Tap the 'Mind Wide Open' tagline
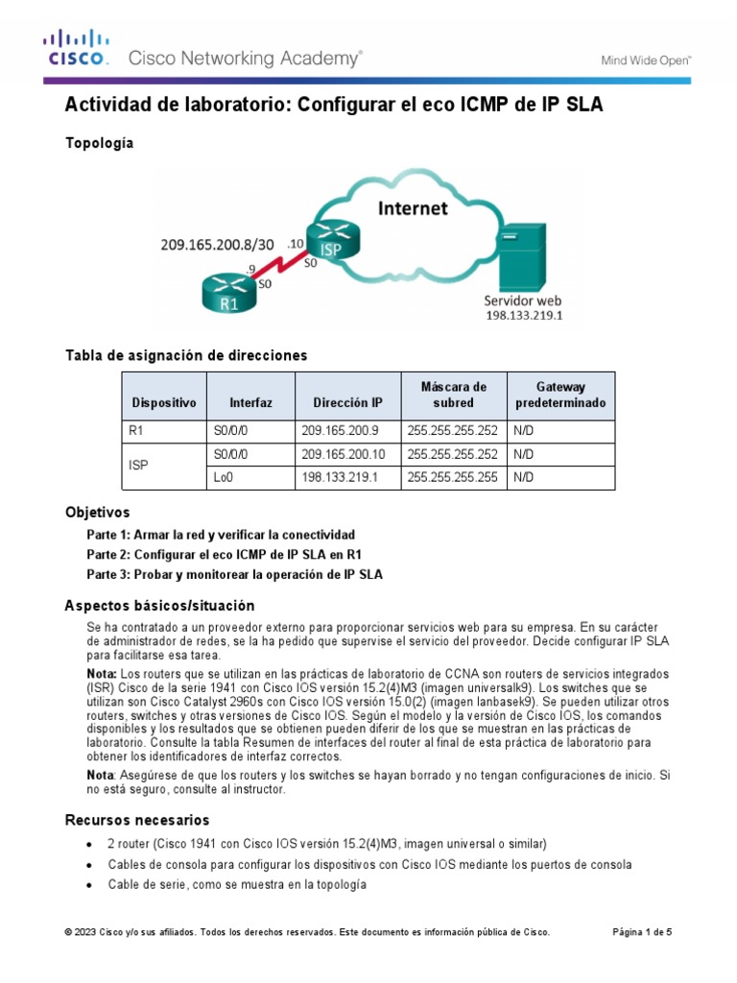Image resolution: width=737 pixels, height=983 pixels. [x=646, y=60]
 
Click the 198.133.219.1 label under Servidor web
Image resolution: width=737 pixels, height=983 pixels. [x=524, y=314]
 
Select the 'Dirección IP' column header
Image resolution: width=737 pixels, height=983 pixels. [x=347, y=403]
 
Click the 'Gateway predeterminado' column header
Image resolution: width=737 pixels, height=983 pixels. [x=560, y=395]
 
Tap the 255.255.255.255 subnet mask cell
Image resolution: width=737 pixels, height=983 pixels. [x=452, y=478]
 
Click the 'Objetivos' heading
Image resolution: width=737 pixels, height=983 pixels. [x=97, y=513]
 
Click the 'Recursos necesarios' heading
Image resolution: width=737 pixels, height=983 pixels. [x=136, y=820]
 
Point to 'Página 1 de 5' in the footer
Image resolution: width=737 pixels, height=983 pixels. [x=642, y=931]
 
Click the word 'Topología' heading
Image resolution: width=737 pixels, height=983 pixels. [x=99, y=143]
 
